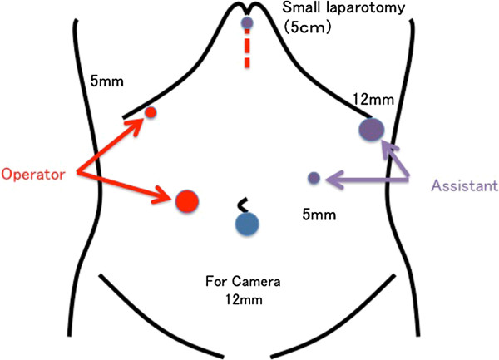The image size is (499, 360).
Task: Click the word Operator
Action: (37, 174)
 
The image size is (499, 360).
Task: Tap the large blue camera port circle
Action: (247, 223)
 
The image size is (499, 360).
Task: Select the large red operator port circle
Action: (187, 200)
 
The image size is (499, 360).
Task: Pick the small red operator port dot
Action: (151, 112)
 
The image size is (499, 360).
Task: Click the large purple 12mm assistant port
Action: (371, 129)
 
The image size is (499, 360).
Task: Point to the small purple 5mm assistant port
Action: (314, 177)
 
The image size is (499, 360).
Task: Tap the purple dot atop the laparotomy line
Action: (247, 23)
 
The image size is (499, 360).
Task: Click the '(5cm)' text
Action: (307, 27)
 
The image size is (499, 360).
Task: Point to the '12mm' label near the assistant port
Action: (373, 100)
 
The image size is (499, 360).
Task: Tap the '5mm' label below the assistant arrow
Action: (319, 215)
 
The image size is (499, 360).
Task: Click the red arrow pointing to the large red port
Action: (133, 186)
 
